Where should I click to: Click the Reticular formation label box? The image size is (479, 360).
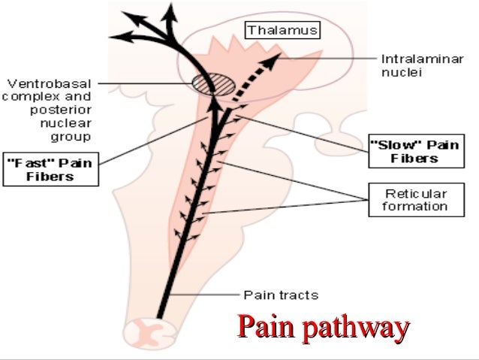[x=408, y=199]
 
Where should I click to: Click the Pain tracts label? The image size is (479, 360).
[x=281, y=295]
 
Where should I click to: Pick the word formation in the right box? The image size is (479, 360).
[x=408, y=206]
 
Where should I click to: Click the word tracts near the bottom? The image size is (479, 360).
[x=297, y=295]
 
